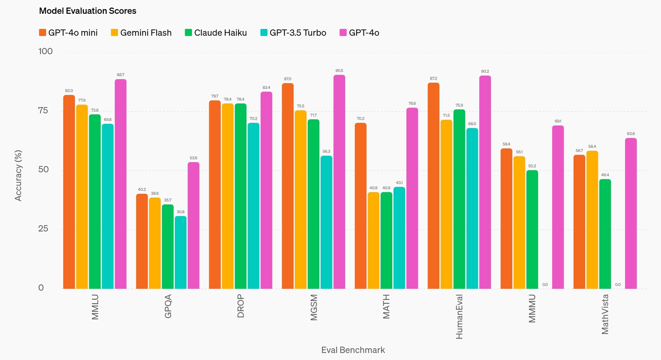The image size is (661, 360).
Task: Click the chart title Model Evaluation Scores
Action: click(87, 11)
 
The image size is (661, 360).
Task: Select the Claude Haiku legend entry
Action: click(216, 33)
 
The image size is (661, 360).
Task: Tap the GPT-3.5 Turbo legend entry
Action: click(293, 33)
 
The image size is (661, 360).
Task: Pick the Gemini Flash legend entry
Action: click(141, 33)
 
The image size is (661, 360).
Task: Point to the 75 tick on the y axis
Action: click(43, 111)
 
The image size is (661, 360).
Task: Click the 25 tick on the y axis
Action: click(43, 229)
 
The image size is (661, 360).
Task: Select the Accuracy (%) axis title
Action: click(18, 175)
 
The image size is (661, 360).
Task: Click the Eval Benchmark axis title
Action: click(353, 350)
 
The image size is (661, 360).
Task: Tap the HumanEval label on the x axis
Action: click(459, 317)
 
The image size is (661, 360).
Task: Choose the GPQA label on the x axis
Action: click(168, 306)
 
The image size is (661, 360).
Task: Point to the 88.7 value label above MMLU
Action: click(120, 75)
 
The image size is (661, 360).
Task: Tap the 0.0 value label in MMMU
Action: click(545, 285)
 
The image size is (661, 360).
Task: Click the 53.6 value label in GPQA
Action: click(193, 158)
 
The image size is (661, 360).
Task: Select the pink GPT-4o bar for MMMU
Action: click(558, 207)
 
